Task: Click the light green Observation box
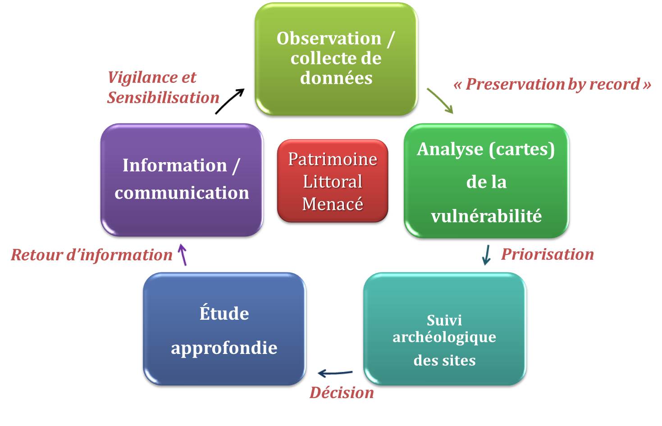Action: click(x=336, y=59)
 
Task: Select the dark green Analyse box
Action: click(x=486, y=180)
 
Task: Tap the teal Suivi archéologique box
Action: click(x=444, y=329)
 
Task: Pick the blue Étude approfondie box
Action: click(x=224, y=329)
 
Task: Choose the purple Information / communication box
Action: click(x=181, y=180)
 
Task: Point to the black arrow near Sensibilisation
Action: click(x=230, y=101)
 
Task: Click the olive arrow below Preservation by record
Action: click(x=440, y=100)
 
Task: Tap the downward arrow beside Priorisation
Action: click(x=486, y=255)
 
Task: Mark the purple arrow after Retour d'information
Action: click(x=182, y=254)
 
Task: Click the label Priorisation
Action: click(x=548, y=254)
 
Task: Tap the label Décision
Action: click(x=342, y=393)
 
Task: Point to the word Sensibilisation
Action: click(x=163, y=98)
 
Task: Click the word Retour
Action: click(x=37, y=255)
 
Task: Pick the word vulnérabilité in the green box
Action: click(x=486, y=216)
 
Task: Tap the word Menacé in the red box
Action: click(x=333, y=204)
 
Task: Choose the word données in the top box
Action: click(x=336, y=78)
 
